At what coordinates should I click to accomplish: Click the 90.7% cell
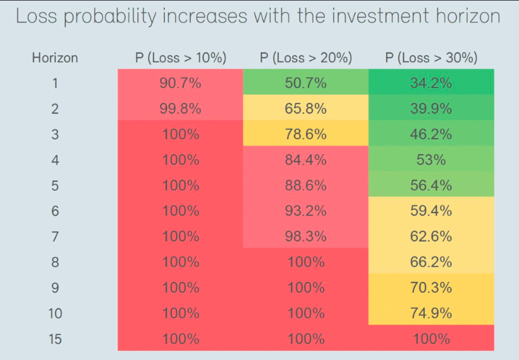click(x=180, y=83)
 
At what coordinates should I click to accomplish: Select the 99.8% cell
click(x=180, y=109)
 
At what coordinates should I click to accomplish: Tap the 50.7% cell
click(x=306, y=83)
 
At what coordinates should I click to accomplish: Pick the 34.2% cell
click(x=431, y=83)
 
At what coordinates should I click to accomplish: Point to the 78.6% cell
click(x=306, y=134)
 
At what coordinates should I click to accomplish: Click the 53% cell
click(x=431, y=160)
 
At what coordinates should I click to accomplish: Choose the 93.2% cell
click(x=306, y=211)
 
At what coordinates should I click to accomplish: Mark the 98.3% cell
click(x=306, y=236)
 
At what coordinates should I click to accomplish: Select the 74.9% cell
click(x=431, y=313)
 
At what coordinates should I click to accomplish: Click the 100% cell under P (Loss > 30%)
click(x=431, y=339)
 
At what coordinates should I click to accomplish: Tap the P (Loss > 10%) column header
click(x=180, y=58)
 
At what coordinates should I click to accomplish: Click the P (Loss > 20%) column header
click(x=306, y=58)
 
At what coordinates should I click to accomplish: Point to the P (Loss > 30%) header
click(x=431, y=58)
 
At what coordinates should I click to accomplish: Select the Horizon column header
click(x=55, y=58)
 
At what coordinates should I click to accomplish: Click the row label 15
click(x=56, y=339)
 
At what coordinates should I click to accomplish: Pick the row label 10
click(x=56, y=313)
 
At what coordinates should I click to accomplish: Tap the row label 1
click(x=56, y=83)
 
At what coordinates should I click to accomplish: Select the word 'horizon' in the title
click(x=468, y=16)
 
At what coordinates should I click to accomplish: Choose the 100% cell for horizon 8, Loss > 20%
click(x=306, y=262)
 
